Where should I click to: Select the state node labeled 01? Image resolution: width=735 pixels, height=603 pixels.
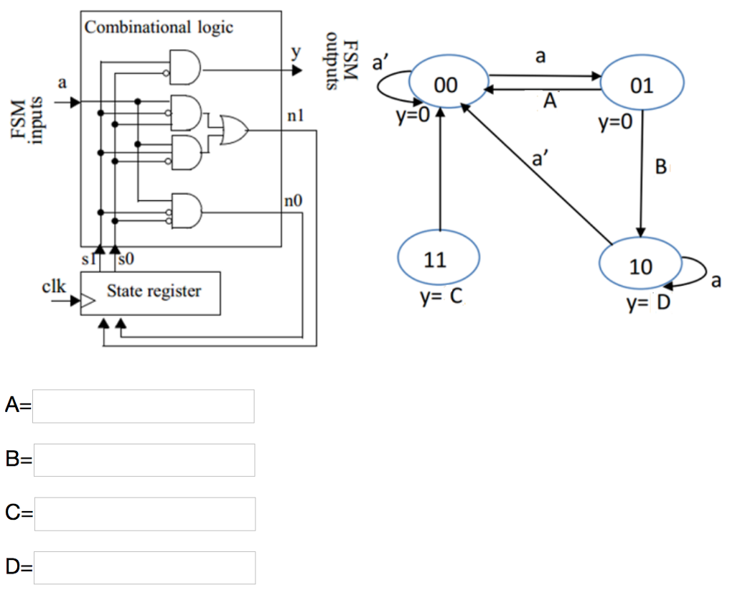tap(642, 85)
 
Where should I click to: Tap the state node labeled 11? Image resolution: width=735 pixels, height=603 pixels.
tap(439, 259)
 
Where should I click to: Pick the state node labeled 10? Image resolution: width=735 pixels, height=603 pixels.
tap(640, 266)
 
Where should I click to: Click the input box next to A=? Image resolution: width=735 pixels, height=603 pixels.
tap(144, 406)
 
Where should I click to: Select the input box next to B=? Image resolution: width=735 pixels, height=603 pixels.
tap(144, 460)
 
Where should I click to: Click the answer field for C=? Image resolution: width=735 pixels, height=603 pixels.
tap(144, 514)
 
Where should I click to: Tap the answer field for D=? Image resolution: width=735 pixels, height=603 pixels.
tap(144, 568)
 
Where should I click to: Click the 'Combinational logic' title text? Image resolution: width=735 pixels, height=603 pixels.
tap(159, 27)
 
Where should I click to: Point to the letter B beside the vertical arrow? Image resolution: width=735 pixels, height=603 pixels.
tap(660, 168)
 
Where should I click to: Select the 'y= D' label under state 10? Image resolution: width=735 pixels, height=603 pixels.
tap(647, 304)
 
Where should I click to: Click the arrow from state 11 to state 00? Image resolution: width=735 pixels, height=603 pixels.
tap(439, 172)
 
